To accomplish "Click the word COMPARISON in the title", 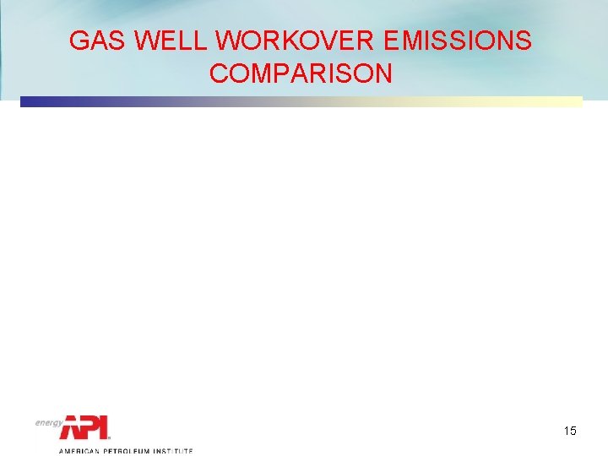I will [x=301, y=73].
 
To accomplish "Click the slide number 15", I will [x=570, y=432].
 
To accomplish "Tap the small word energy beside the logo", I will [x=48, y=422].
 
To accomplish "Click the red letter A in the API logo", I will [x=72, y=428].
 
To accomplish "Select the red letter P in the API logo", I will [x=91, y=428].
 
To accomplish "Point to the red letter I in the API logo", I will [x=105, y=428].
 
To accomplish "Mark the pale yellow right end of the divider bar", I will [x=574, y=102].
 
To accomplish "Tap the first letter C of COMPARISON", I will [x=219, y=73].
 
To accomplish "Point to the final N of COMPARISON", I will [x=383, y=73].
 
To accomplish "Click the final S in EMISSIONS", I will [x=523, y=41].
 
